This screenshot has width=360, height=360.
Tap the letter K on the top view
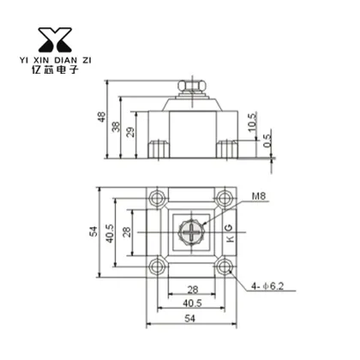228,243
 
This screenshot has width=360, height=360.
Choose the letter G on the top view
228,228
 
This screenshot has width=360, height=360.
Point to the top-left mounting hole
156,201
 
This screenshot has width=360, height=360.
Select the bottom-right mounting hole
225,267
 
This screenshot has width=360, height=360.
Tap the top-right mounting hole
225,201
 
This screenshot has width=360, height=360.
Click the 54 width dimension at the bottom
189,319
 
